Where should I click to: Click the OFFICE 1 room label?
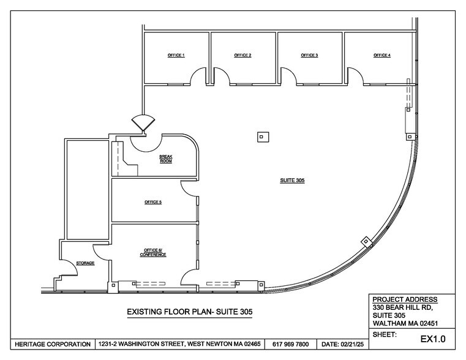(176, 56)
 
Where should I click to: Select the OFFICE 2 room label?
(242, 56)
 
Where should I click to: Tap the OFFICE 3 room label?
(309, 56)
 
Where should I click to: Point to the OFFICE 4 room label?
(382, 56)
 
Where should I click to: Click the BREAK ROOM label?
(166, 159)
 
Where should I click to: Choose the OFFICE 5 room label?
(153, 201)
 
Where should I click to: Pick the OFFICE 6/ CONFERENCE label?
(155, 253)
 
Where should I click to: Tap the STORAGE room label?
(85, 263)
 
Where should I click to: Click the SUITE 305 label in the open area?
(292, 181)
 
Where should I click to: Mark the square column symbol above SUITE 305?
(261, 137)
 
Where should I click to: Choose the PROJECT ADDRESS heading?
(401, 299)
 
